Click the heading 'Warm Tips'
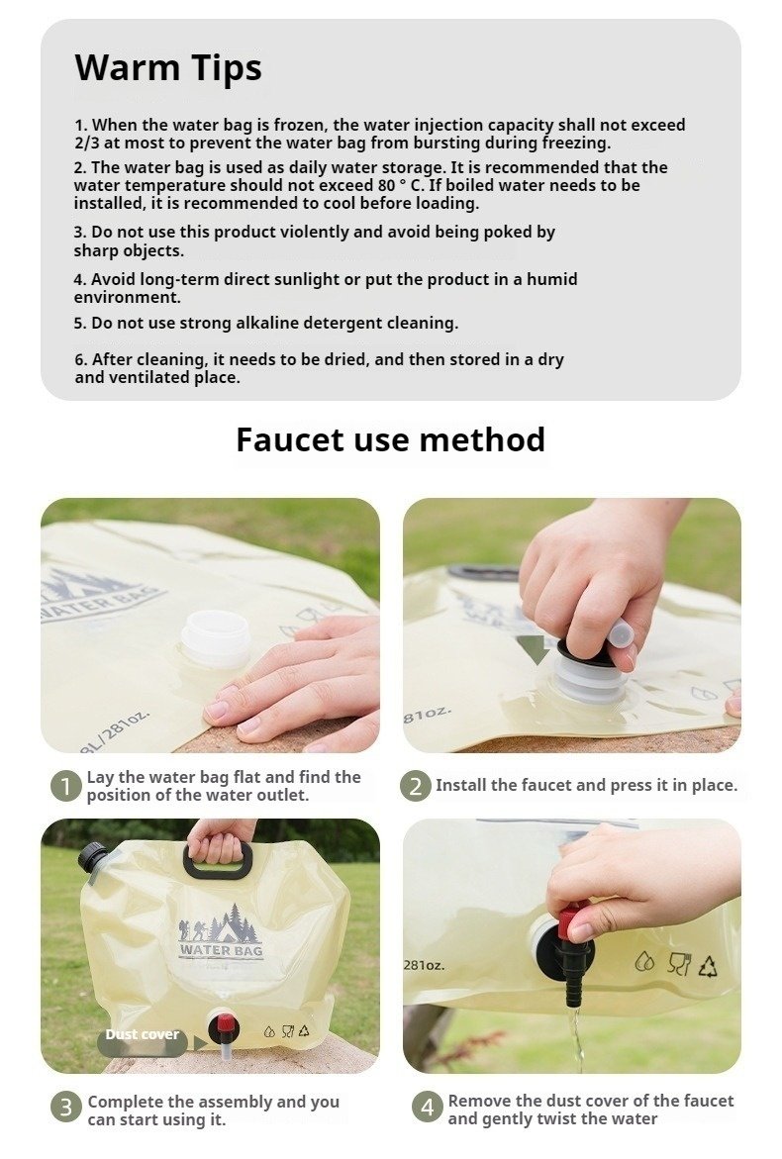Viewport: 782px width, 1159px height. point(168,68)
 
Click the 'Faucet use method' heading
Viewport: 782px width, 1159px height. point(390,439)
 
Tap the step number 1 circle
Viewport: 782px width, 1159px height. point(65,787)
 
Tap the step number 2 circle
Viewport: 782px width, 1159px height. point(416,786)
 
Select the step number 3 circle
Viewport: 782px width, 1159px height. point(65,1108)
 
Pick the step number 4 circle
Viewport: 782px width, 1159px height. point(428,1108)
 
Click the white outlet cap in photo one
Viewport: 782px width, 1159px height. point(216,637)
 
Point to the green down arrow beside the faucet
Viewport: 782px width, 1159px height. point(533,648)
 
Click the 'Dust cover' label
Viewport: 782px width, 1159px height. point(142,1035)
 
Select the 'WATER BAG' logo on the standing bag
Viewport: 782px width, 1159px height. point(221,950)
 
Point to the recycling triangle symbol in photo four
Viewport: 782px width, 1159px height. point(708,965)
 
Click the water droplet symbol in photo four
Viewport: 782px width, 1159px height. point(644,962)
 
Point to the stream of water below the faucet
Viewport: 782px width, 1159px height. point(575,1038)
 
